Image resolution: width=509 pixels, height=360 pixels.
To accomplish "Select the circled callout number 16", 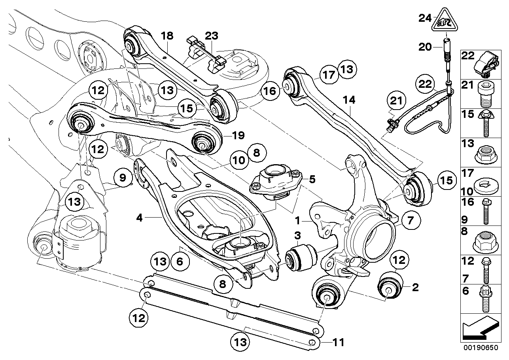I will [x=269, y=91].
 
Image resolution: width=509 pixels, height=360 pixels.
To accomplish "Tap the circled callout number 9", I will [x=123, y=178].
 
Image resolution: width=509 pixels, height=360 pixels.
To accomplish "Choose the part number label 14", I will [x=349, y=102].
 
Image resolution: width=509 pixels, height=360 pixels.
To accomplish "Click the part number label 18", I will [x=167, y=36].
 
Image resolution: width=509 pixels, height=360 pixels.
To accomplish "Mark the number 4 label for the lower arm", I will [x=139, y=217].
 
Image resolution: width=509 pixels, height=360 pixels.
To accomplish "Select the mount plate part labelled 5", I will [x=273, y=180].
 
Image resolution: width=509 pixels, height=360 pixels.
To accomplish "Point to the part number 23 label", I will [x=212, y=36].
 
